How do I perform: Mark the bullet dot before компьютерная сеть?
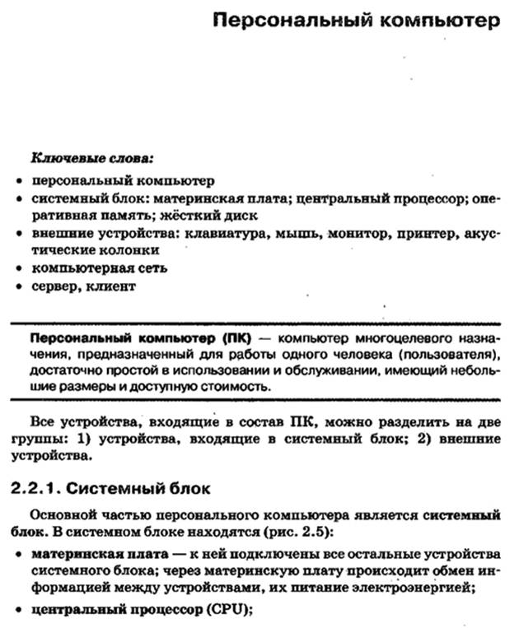[19, 269]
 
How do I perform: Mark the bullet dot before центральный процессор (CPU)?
[19, 611]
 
